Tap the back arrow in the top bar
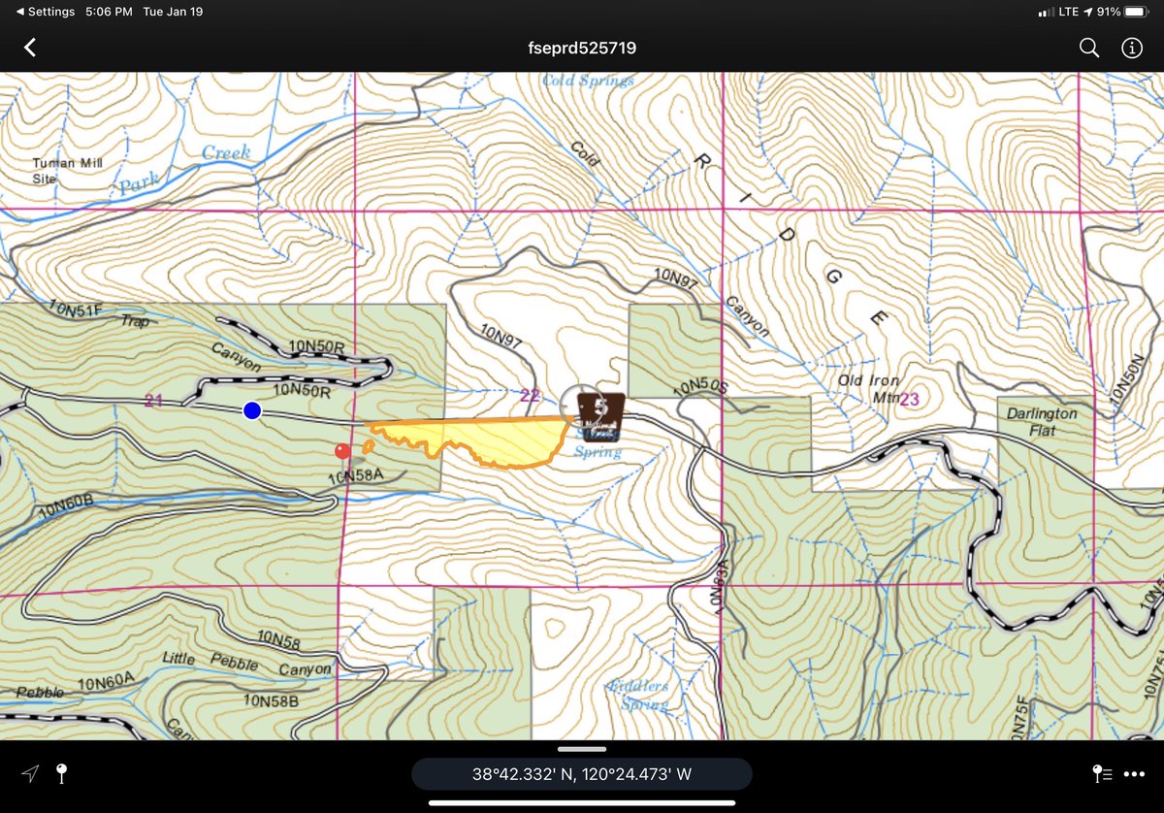click(30, 48)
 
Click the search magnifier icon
click(1089, 48)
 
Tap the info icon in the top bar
click(1132, 48)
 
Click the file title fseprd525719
click(581, 48)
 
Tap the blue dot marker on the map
click(252, 410)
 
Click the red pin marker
click(341, 451)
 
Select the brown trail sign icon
click(601, 411)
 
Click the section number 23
click(909, 399)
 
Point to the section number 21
click(152, 400)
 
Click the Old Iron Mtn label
click(869, 389)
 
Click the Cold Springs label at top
click(588, 81)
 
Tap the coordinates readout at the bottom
click(581, 773)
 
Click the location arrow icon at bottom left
click(31, 773)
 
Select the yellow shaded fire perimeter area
click(495, 438)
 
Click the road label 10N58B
click(271, 699)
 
